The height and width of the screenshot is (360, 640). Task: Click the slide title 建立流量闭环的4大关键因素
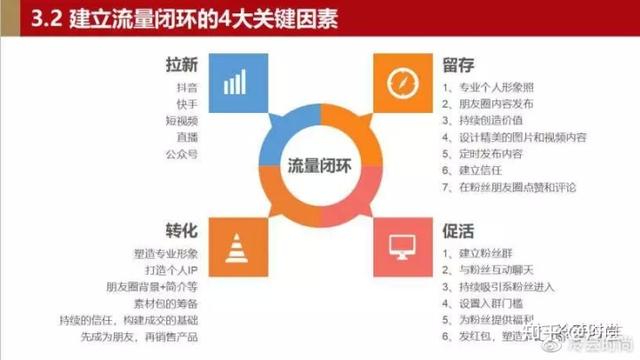click(160, 17)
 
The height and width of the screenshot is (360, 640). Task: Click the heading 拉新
click(183, 66)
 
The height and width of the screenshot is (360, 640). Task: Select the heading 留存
click(459, 66)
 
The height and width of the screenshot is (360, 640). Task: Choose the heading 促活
click(459, 229)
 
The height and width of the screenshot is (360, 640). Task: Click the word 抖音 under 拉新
click(185, 88)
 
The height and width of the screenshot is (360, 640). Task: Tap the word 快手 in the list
click(185, 105)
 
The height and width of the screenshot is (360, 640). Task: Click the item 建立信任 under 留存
click(485, 171)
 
